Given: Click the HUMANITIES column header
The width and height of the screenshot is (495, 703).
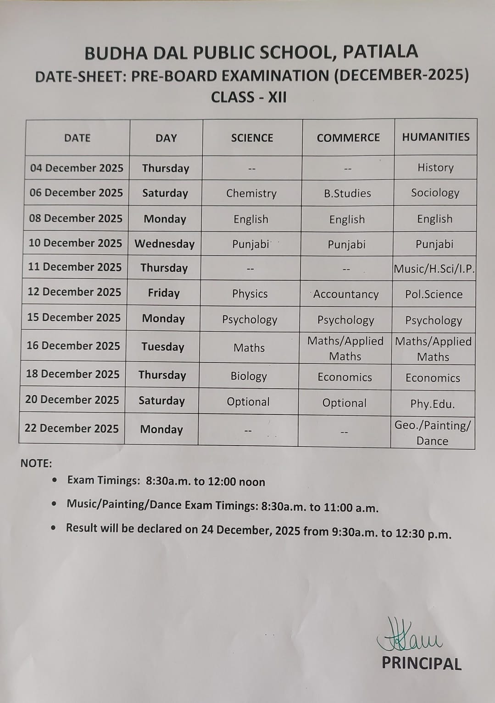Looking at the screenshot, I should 435,137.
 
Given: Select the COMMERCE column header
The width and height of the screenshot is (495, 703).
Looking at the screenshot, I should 348,138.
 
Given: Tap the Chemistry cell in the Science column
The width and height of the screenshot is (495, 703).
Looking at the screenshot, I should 251,193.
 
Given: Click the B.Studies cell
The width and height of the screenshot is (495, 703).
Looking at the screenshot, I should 347,193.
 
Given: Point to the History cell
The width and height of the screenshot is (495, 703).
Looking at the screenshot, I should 435,167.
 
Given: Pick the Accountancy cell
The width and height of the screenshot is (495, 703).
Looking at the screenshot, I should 346,294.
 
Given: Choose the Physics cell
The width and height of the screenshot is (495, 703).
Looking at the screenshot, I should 250,294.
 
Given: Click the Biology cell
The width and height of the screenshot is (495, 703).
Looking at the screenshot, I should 249,376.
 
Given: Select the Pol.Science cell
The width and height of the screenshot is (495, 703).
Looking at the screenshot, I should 434,294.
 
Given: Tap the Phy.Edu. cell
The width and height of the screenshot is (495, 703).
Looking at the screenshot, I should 432,404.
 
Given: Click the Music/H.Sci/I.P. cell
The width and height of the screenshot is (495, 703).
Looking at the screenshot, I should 434,269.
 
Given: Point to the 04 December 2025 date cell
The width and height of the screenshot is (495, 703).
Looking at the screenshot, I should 77,168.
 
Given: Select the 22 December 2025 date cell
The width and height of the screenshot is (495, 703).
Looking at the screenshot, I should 72,429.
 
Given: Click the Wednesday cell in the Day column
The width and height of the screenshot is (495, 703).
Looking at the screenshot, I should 164,244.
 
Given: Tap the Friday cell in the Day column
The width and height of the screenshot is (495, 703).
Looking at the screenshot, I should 164,293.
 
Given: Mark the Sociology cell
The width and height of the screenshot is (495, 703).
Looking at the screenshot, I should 435,193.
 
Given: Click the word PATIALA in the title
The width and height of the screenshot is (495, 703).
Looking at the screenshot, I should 380,52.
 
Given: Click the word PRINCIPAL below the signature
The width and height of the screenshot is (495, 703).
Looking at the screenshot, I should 421,664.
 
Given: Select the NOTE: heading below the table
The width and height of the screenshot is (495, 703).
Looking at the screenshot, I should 36,463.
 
